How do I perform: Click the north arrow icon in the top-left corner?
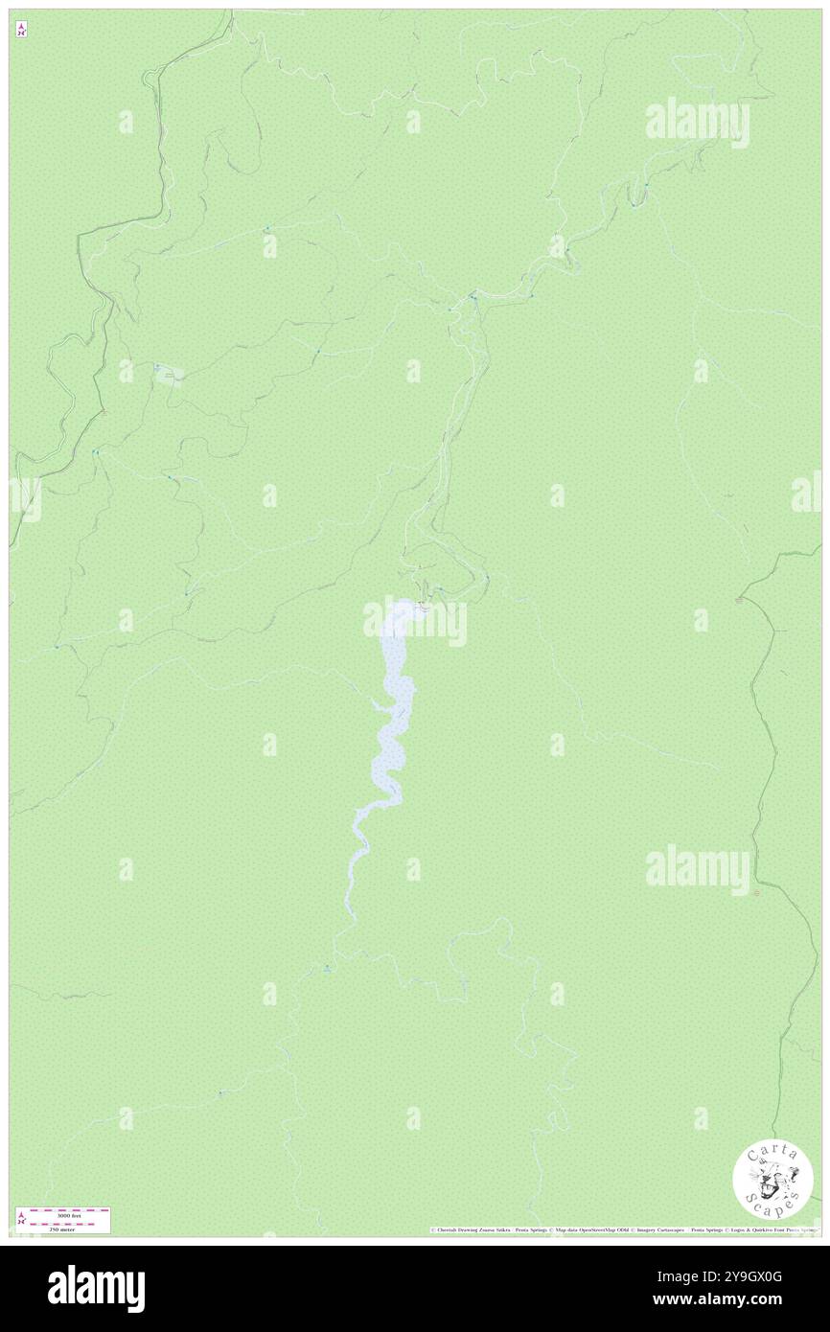tap(21, 30)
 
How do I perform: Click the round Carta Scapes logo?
tap(772, 1179)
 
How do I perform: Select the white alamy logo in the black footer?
tap(96, 1289)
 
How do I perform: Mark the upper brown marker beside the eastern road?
tap(738, 600)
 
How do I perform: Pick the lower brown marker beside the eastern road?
tap(756, 892)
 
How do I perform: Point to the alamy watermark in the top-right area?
tap(698, 123)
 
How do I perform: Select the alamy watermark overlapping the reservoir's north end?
tap(415, 623)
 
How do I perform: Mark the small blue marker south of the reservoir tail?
tap(328, 968)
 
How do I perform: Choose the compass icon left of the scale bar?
tap(21, 1219)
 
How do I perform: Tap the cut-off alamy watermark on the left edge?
tap(25, 498)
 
